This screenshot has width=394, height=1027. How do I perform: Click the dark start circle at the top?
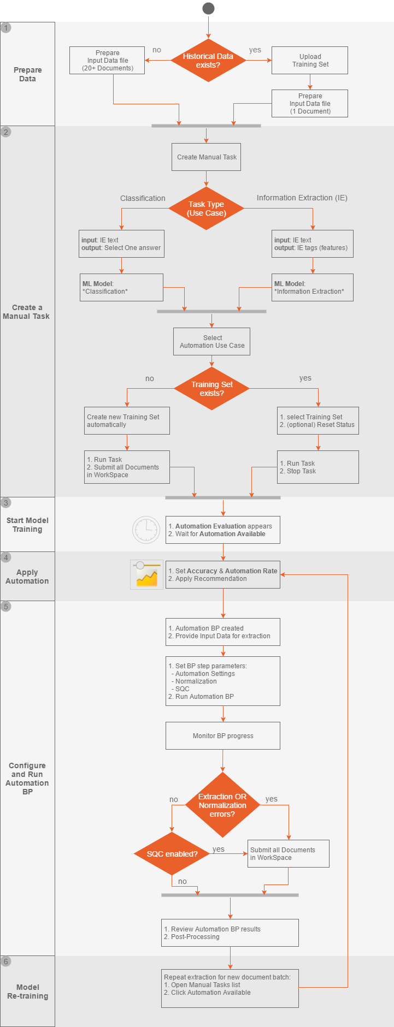[208, 8]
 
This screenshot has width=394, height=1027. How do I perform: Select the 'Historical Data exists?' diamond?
[208, 61]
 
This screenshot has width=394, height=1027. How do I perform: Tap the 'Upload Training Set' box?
[310, 60]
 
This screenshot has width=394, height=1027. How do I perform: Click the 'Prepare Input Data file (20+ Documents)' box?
[108, 60]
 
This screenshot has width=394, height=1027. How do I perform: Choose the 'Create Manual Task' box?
[207, 157]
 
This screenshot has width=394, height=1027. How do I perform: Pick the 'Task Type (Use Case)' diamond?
[206, 209]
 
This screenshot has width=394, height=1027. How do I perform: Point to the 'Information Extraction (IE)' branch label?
[302, 198]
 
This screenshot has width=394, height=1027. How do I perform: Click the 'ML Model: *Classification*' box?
[122, 287]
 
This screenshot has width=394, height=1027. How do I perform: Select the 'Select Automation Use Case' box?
[212, 341]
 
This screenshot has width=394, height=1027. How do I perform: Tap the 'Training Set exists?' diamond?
[212, 389]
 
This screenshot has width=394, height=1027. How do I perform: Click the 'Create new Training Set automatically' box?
[127, 420]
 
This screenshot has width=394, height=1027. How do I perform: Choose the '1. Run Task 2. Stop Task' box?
[318, 467]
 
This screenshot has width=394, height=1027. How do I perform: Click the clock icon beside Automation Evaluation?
[146, 530]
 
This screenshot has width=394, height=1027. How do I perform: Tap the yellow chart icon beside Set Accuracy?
[146, 574]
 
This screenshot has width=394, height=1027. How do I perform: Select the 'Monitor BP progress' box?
[223, 735]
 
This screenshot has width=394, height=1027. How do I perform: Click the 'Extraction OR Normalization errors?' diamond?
[222, 805]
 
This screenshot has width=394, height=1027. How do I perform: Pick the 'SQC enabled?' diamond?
[172, 854]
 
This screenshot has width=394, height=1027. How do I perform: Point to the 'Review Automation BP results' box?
[230, 933]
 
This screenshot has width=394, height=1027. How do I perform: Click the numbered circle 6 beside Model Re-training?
[6, 961]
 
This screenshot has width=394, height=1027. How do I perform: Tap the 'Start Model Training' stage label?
[27, 525]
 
